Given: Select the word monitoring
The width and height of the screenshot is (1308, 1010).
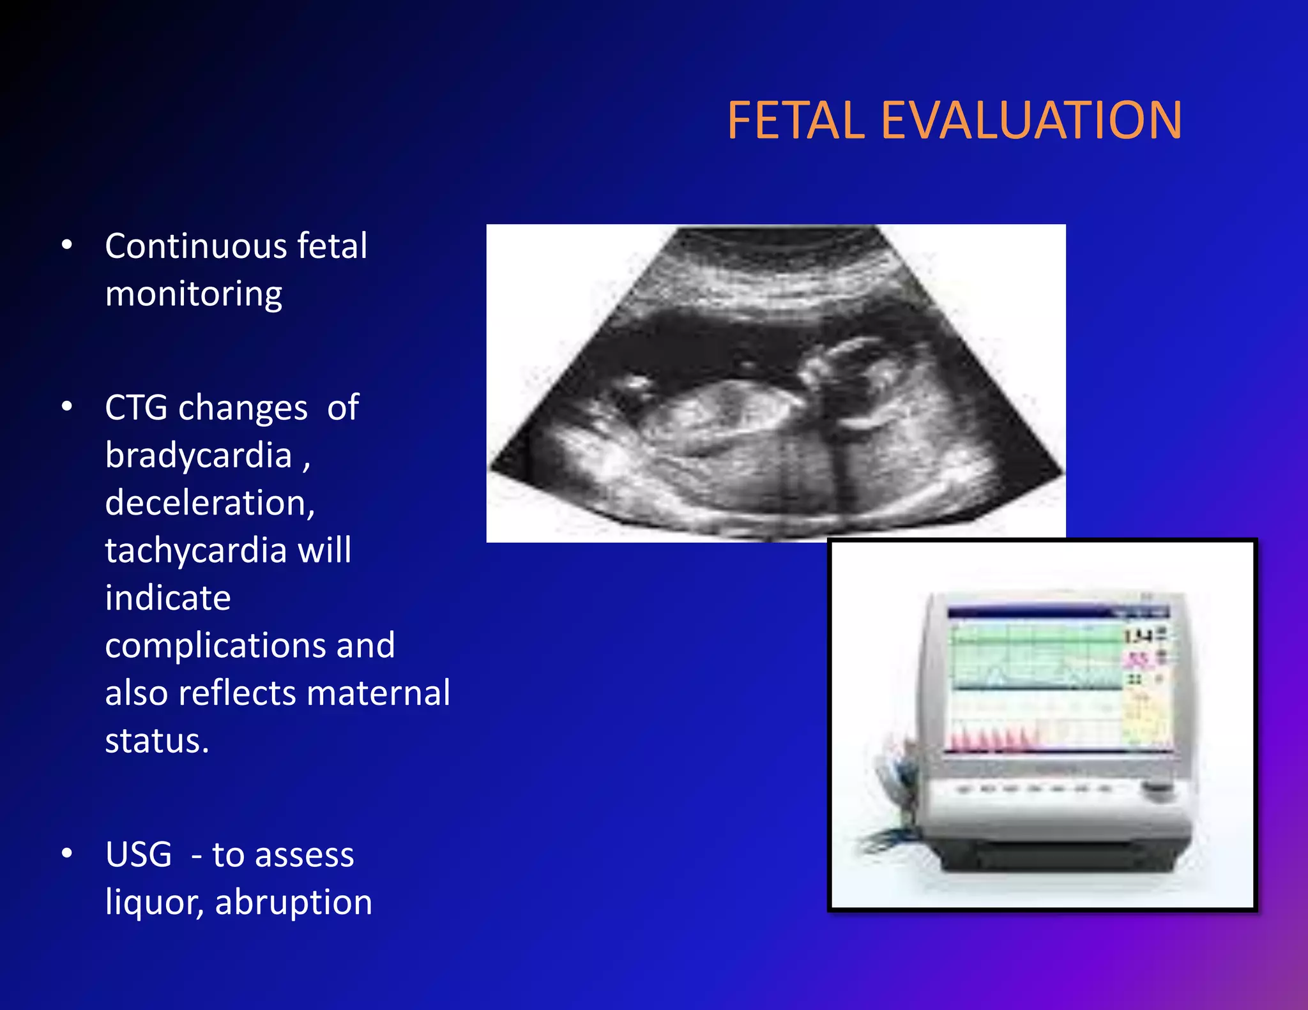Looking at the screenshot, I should [194, 294].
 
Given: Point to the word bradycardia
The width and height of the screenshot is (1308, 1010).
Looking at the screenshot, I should [199, 456].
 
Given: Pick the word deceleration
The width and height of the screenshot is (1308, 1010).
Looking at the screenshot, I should [209, 503].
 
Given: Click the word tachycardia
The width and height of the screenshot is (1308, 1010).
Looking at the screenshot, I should [195, 550].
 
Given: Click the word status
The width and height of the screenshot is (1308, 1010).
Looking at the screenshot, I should [156, 741].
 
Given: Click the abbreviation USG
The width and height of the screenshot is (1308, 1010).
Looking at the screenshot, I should [139, 855].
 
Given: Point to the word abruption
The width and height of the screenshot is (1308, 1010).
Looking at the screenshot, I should [293, 903].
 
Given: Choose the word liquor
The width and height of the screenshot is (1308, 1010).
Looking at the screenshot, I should [154, 903].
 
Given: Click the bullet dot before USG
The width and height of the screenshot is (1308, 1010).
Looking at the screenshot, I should [67, 854].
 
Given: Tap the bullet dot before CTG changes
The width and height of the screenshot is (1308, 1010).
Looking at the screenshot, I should [67, 407].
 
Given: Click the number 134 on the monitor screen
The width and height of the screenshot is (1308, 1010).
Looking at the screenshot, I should [1137, 637].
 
